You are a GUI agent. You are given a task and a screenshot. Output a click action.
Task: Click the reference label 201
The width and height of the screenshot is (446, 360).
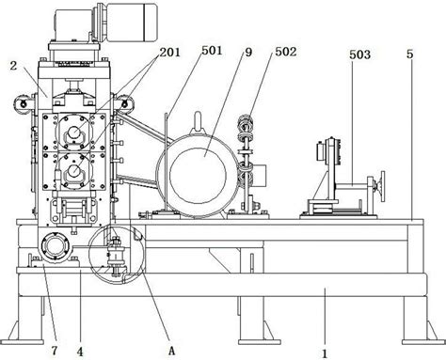click(x=170, y=53)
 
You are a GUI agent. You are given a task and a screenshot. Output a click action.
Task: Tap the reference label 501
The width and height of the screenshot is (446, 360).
click(x=212, y=51)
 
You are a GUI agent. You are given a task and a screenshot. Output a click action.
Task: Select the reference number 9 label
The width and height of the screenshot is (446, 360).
click(x=248, y=53)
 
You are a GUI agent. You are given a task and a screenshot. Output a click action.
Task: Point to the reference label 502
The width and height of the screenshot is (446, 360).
click(x=286, y=52)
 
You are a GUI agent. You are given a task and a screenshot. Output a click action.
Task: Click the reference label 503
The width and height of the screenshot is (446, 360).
click(x=360, y=55)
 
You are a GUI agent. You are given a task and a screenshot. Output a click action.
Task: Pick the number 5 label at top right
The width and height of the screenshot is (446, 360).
click(x=409, y=55)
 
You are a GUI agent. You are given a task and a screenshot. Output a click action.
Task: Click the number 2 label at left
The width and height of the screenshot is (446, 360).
click(x=13, y=66)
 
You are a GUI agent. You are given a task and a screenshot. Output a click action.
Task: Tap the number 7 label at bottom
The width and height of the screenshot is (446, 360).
click(x=55, y=351)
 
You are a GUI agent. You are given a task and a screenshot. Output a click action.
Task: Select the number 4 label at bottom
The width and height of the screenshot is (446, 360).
click(x=80, y=352)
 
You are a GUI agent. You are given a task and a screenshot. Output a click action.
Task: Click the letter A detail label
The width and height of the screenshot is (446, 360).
click(x=171, y=352)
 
